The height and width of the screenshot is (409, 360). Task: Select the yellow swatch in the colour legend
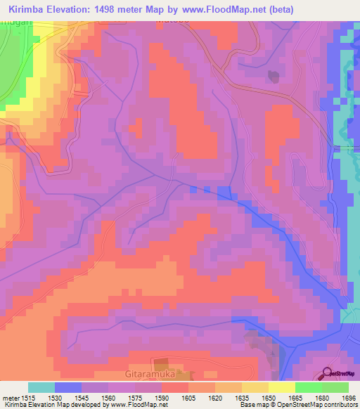click(x=281, y=387)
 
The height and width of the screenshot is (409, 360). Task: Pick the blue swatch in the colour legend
click(x=67, y=387)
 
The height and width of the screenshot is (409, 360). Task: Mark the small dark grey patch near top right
click(x=272, y=76)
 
